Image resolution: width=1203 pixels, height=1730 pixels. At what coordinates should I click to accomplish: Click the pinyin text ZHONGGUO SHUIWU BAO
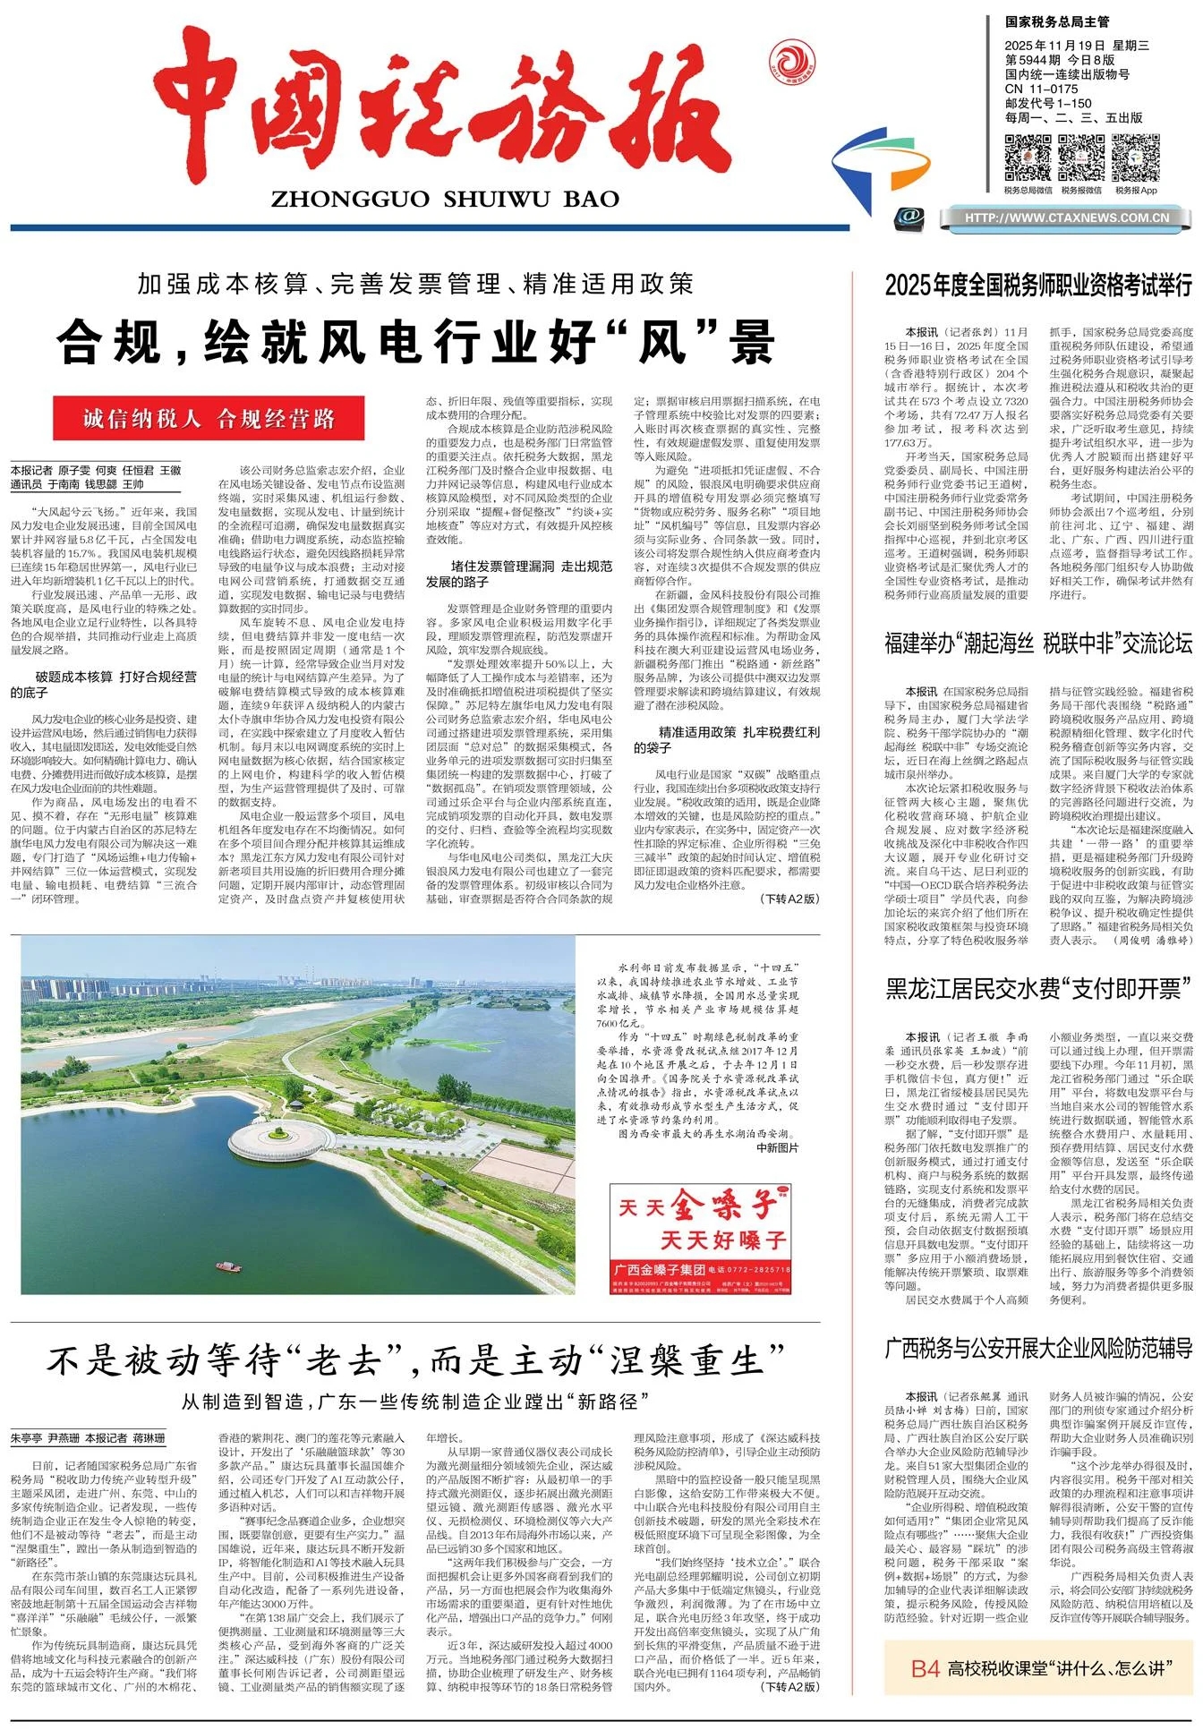(x=445, y=199)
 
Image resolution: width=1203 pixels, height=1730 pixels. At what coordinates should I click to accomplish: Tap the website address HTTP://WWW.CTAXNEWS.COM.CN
(x=1067, y=217)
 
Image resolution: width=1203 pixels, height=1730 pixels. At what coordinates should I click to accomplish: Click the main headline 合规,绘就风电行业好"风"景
(x=415, y=342)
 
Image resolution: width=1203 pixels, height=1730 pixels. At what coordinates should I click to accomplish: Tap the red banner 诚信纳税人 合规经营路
(x=209, y=419)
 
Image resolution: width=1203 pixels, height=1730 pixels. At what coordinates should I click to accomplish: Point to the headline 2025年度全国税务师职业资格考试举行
(x=1038, y=285)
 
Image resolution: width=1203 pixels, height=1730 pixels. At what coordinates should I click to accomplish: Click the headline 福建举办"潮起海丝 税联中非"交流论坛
(x=1038, y=643)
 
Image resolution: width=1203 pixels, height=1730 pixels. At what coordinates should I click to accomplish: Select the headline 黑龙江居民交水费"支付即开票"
(x=1038, y=988)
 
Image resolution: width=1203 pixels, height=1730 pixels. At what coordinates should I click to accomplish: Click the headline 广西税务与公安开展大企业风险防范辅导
(x=1038, y=1348)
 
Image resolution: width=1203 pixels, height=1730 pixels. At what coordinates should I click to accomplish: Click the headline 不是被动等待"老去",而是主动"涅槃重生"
(x=415, y=1361)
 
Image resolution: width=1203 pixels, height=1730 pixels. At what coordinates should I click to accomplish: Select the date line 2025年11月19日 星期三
(x=1076, y=46)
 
